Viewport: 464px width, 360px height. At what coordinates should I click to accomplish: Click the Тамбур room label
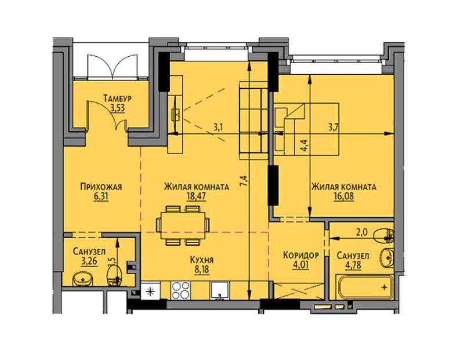click(x=118, y=99)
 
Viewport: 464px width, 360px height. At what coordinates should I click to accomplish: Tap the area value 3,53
click(x=118, y=108)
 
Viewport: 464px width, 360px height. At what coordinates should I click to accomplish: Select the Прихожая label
click(x=101, y=187)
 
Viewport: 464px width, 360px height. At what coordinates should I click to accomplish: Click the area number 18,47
click(x=196, y=196)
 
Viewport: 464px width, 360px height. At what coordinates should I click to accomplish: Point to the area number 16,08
click(x=344, y=197)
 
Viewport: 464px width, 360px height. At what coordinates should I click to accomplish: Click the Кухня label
click(x=202, y=260)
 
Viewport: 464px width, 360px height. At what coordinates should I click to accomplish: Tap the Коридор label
click(x=300, y=255)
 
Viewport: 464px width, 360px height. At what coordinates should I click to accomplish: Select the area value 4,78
click(x=353, y=265)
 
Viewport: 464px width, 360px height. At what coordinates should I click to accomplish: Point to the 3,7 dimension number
click(x=333, y=128)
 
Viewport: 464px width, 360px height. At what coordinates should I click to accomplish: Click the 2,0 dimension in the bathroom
click(x=361, y=232)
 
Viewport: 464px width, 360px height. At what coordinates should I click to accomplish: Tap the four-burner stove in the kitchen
click(x=180, y=290)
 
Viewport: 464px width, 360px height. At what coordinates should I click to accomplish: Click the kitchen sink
click(x=219, y=290)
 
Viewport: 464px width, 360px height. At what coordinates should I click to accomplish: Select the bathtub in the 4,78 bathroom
click(x=364, y=286)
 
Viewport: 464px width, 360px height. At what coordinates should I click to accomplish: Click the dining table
click(x=183, y=226)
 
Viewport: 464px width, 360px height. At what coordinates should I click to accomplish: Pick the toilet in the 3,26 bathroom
click(x=114, y=275)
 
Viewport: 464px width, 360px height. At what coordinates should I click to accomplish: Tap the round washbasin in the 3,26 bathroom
click(x=83, y=279)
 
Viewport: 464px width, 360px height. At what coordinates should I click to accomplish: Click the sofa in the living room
click(x=253, y=120)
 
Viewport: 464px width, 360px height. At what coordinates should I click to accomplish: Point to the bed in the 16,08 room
click(x=307, y=129)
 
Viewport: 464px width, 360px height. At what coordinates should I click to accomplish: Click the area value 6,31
click(x=101, y=197)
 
